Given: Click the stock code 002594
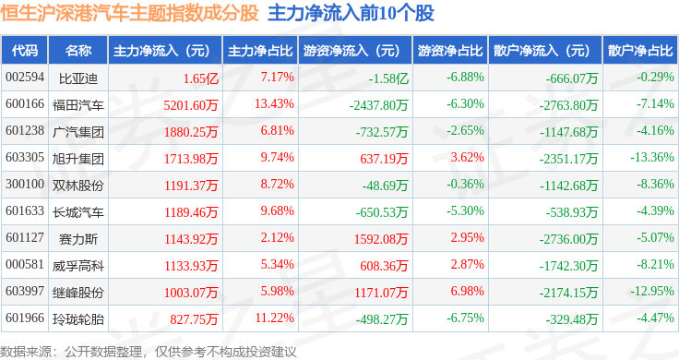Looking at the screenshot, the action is tap(25, 78).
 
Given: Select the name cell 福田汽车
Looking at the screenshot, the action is tap(78, 105).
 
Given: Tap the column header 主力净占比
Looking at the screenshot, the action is tap(260, 51).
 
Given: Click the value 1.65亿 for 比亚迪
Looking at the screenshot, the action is tap(201, 78).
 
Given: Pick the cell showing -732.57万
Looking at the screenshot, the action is tap(382, 132).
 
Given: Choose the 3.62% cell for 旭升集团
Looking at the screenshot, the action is tap(467, 157).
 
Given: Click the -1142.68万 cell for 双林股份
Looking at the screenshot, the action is tap(568, 186).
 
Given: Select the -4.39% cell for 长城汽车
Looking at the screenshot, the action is tap(655, 211).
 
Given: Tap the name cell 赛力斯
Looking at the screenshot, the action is tap(78, 239).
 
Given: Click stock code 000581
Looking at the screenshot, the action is tap(25, 264).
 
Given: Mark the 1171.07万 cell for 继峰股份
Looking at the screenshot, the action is tap(381, 293).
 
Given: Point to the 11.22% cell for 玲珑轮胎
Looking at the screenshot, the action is tap(275, 318).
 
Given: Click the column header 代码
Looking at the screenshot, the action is tap(25, 51).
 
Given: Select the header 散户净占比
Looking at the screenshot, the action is tap(640, 51).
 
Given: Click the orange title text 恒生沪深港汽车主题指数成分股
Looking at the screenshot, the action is tap(129, 13).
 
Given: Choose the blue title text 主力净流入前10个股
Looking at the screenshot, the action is tap(351, 13).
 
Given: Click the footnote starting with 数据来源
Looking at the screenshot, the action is tap(149, 352).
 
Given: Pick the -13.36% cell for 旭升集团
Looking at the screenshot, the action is tap(652, 157).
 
